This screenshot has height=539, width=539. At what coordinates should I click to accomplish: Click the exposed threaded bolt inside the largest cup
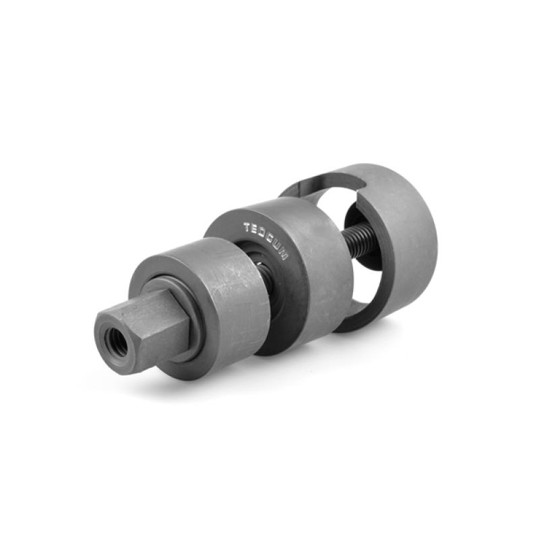coord(360,242)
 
